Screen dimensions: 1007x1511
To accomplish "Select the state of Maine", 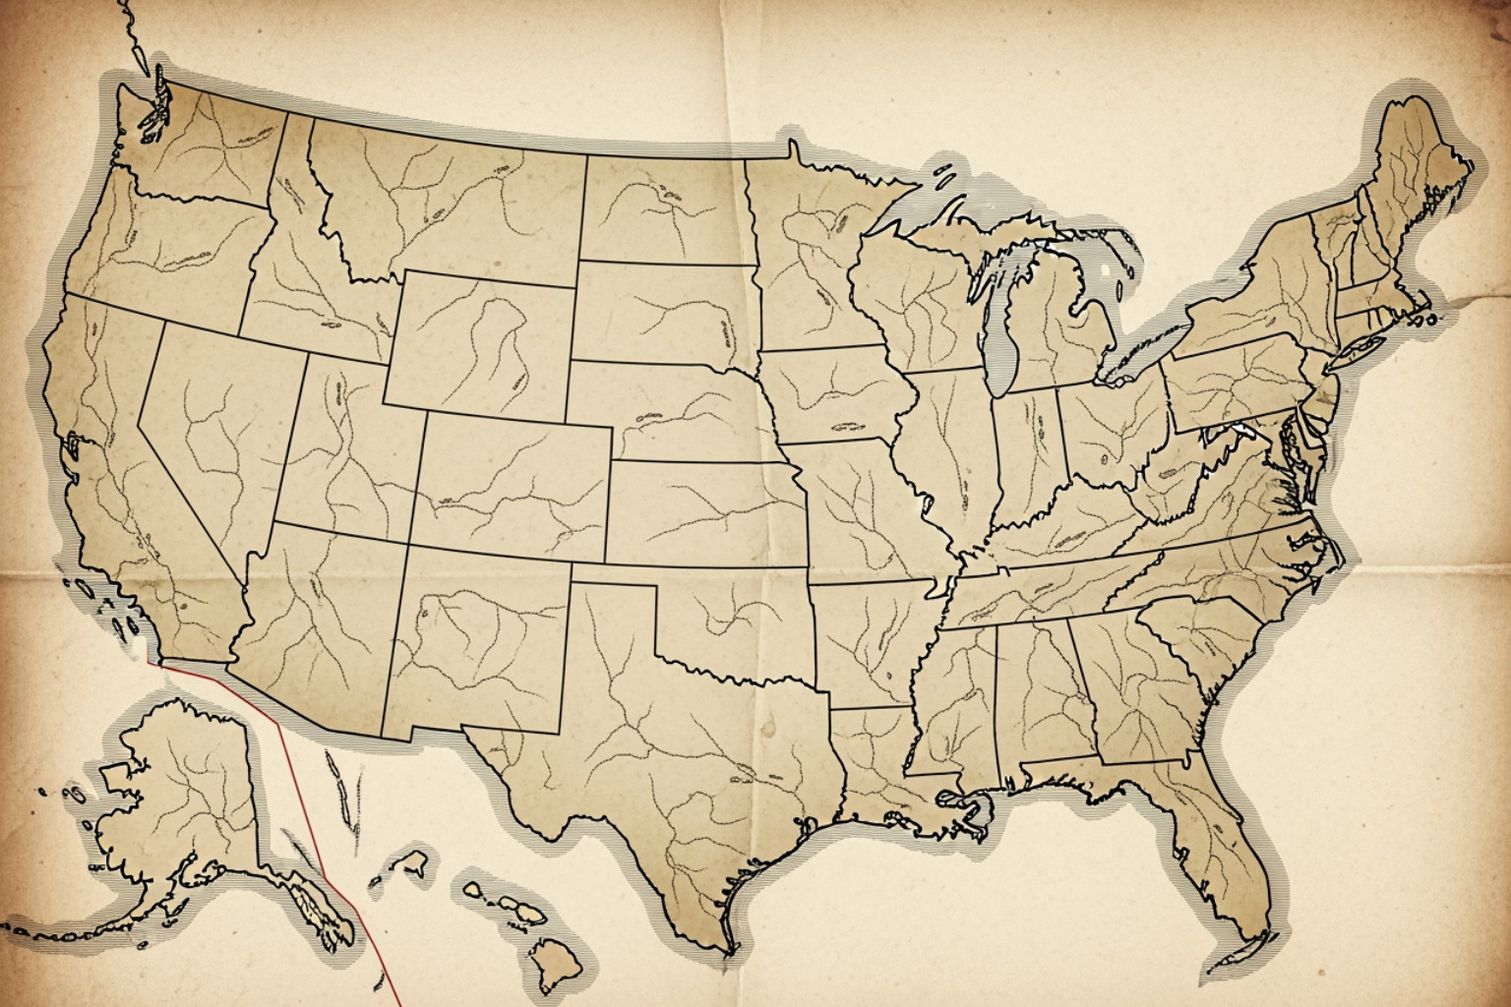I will tap(1417, 167).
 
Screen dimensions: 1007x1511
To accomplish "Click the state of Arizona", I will tap(320, 620).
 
